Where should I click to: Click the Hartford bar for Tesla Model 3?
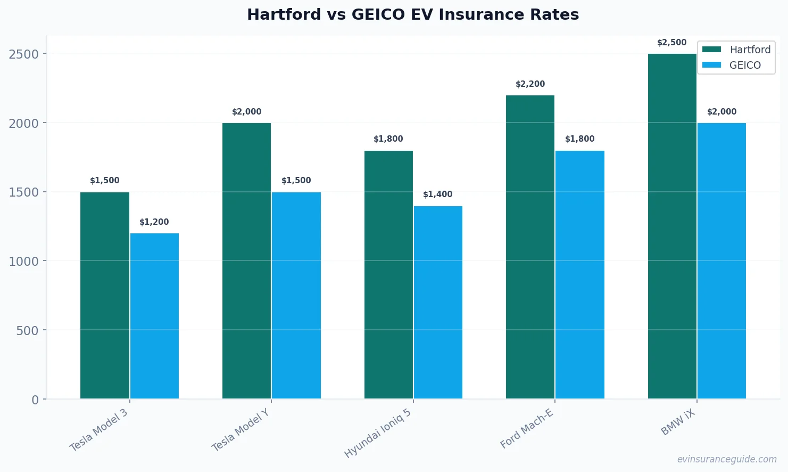[x=105, y=295]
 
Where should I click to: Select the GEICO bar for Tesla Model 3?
[x=154, y=316]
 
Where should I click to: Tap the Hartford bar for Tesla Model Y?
[x=246, y=261]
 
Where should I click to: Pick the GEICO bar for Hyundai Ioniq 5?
[x=438, y=302]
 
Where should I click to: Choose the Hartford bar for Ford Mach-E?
[x=530, y=247]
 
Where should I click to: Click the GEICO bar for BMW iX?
[x=721, y=261]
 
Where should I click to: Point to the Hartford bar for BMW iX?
[x=672, y=226]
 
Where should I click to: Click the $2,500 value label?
[x=671, y=43]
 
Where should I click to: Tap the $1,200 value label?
[x=154, y=222]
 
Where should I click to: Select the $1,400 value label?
[x=438, y=194]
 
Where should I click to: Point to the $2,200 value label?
[x=530, y=84]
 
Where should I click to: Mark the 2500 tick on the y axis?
[x=24, y=54]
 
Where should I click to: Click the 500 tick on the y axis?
[x=28, y=330]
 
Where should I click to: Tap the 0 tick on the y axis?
[x=35, y=400]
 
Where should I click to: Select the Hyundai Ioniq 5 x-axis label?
[x=378, y=433]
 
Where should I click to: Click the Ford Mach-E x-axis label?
[x=527, y=429]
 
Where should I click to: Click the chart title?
[x=413, y=14]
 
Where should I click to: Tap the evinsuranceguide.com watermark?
[x=727, y=459]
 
